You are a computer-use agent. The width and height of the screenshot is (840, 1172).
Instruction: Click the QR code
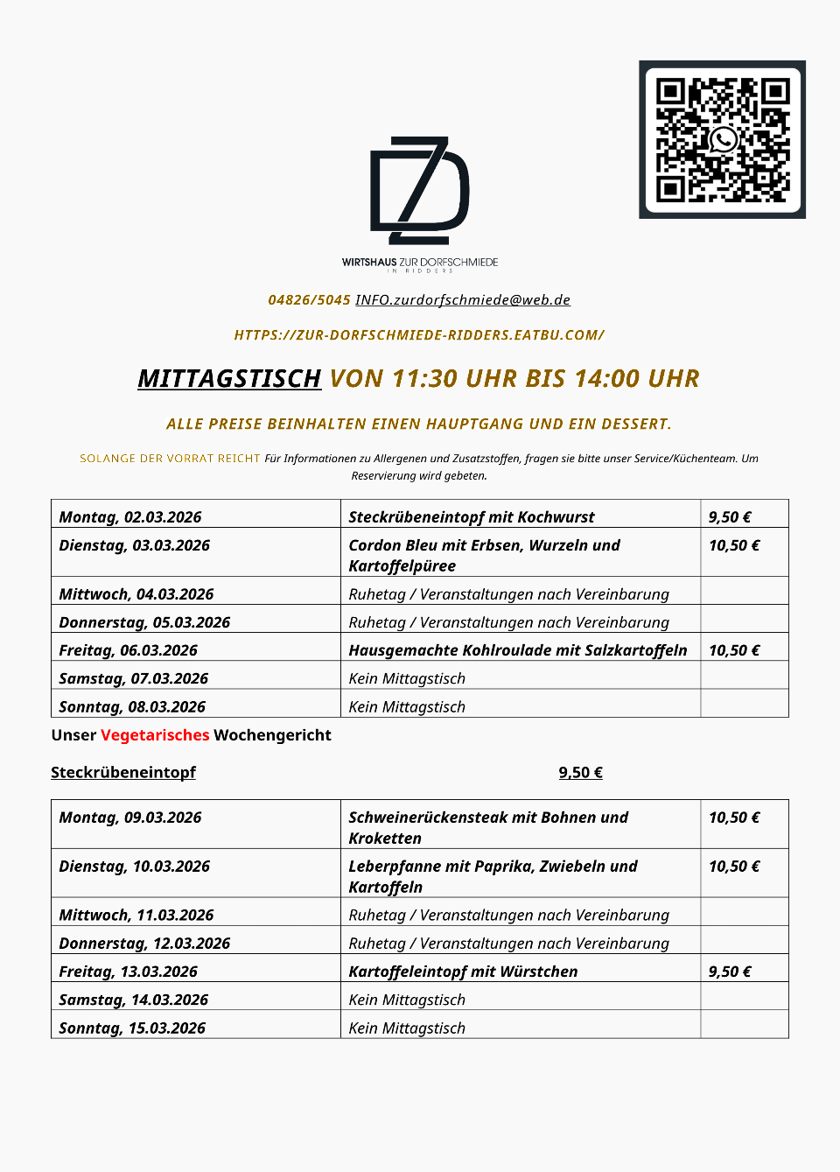[x=722, y=139]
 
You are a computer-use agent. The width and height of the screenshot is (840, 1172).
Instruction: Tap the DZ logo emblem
[x=420, y=190]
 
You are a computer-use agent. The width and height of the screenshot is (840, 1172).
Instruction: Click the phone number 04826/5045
[x=309, y=300]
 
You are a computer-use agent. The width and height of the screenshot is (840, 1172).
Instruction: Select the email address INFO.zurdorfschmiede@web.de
[x=463, y=300]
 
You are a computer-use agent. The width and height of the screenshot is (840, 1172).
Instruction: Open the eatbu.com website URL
[x=419, y=335]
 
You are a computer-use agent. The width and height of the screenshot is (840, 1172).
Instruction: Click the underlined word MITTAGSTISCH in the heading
[x=229, y=378]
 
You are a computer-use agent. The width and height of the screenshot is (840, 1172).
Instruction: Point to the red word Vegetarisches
[x=155, y=735]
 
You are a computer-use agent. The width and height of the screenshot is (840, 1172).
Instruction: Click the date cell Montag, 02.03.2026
[x=130, y=517]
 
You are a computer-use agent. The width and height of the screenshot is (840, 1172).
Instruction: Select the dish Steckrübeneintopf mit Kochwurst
[x=471, y=517]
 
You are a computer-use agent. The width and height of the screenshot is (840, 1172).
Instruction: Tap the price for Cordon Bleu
[x=734, y=545]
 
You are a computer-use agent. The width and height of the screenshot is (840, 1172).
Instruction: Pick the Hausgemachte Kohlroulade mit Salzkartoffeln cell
[x=517, y=650]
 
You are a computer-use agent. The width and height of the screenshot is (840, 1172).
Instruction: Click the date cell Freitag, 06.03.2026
[x=128, y=650]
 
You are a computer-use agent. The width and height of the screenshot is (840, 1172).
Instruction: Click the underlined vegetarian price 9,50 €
[x=580, y=772]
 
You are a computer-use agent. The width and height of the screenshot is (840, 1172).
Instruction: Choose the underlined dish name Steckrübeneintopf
[x=123, y=772]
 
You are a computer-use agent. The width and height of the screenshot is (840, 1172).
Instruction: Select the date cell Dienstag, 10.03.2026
[x=134, y=867]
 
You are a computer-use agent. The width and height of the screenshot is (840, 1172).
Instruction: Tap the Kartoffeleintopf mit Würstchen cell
[x=463, y=972]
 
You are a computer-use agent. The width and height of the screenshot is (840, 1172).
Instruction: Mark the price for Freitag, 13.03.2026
[x=730, y=972]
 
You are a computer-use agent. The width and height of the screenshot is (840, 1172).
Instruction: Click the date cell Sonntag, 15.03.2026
[x=132, y=1028]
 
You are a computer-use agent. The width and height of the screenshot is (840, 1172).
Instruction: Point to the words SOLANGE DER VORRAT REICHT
[x=170, y=459]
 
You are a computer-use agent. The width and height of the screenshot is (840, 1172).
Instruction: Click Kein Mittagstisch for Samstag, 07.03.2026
[x=407, y=678]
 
